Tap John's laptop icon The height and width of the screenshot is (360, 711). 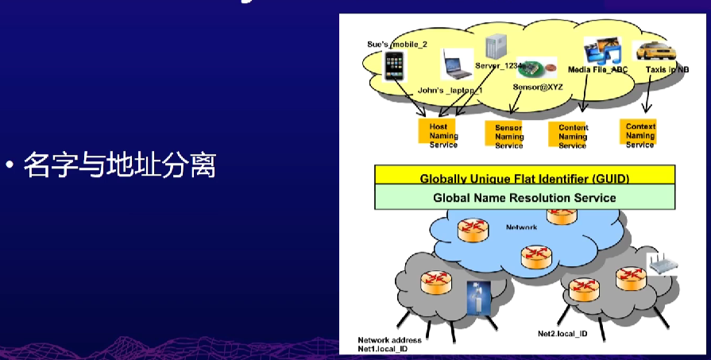(457, 64)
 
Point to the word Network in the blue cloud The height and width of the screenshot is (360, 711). (521, 227)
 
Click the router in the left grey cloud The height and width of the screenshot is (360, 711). (435, 281)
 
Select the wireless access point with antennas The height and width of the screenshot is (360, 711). (660, 265)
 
